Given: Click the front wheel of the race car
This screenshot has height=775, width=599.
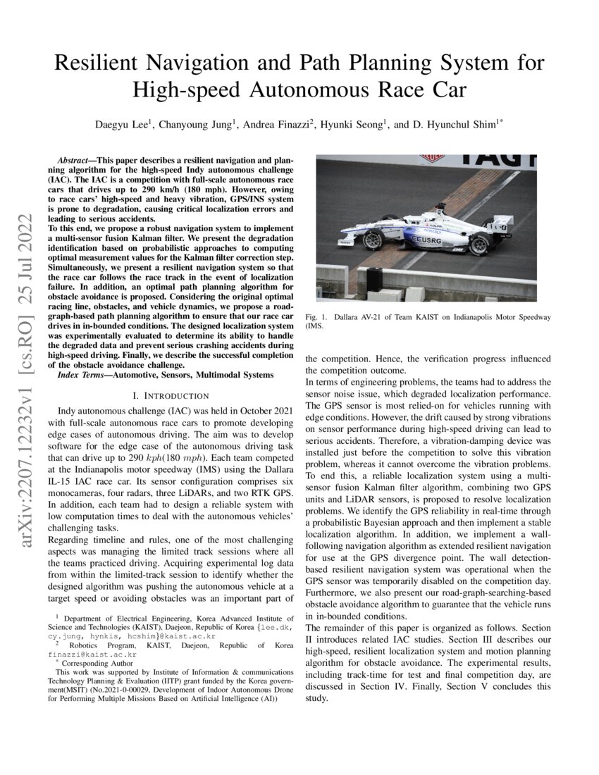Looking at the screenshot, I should click(371, 240).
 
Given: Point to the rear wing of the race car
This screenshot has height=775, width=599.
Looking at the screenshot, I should click(501, 225).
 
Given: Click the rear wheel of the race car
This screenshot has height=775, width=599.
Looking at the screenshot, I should click(479, 245).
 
